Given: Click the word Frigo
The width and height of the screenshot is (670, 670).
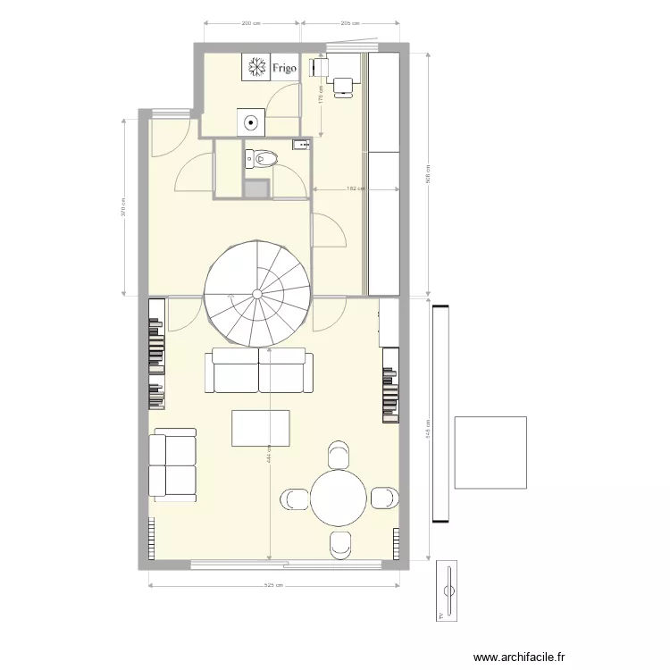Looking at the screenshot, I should coord(285,66).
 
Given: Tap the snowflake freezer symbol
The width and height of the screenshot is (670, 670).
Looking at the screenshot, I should coord(256,66).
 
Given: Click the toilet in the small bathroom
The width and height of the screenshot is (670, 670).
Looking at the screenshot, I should coord(264,158).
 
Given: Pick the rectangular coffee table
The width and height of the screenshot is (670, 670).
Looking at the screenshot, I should coord(261,428).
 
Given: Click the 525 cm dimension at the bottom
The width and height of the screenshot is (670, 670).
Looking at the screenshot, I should coord(273,586).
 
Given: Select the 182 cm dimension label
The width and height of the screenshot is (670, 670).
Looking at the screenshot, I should coord(355,189).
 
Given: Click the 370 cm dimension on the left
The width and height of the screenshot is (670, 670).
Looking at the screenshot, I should coord(122,206).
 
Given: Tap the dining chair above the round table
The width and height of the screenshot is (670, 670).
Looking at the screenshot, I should coord(339,454).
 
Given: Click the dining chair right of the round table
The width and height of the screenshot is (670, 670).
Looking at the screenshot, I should coord(385,498).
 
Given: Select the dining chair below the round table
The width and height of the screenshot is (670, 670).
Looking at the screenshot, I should coord(339,545).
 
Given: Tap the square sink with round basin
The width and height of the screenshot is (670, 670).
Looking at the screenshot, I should coord(251,121).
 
